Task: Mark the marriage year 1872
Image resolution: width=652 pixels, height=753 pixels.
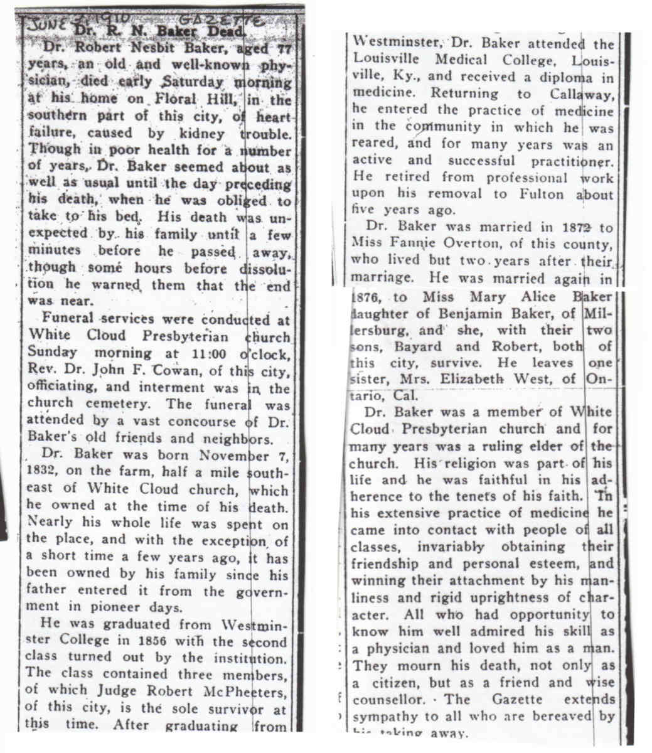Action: tap(567, 227)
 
